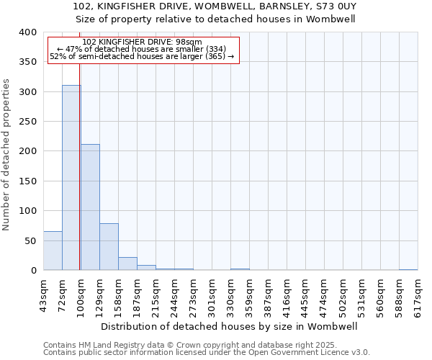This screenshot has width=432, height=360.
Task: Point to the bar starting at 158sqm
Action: [x=127, y=264]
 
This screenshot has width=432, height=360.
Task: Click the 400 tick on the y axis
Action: [x=27, y=32]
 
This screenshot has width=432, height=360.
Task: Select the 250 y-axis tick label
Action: [x=27, y=122]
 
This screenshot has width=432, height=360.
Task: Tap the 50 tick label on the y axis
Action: [x=30, y=240]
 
